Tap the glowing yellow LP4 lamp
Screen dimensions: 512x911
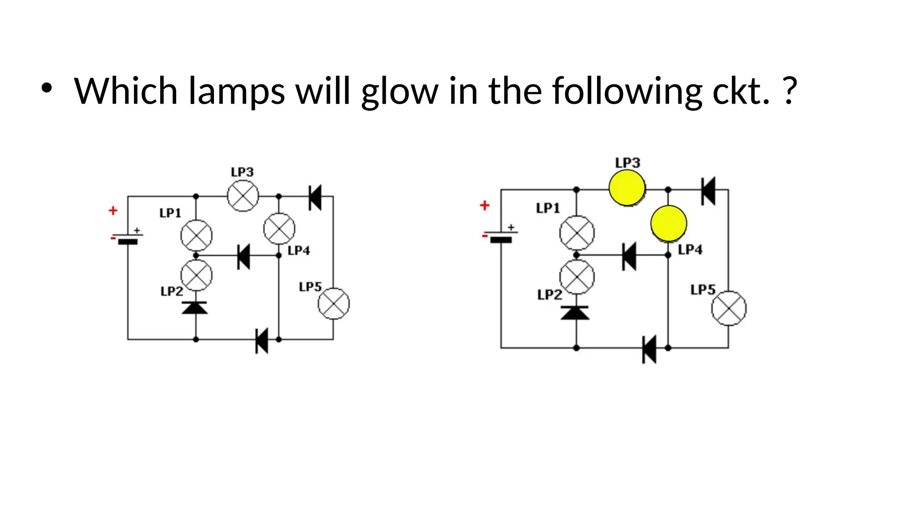coord(669,223)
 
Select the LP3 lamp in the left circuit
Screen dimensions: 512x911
coord(243,196)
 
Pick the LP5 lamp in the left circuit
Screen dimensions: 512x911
coord(334,304)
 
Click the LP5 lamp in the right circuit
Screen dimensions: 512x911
coord(729,308)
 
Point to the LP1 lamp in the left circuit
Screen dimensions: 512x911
coord(196,235)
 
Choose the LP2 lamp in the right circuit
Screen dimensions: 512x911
coord(576,277)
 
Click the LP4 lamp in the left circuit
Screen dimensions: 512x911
coord(279,229)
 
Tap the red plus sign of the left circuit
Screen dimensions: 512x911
coord(113,211)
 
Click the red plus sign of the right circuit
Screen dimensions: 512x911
coord(484,205)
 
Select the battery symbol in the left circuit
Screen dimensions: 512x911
coord(128,239)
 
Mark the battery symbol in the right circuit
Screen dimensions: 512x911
coord(501,236)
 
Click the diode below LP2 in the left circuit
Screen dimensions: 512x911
coord(195,308)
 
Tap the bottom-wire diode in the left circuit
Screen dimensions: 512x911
coord(262,340)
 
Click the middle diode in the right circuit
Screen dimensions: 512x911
coord(629,256)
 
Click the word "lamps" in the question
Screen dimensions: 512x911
coord(236,92)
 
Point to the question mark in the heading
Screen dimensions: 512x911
coord(790,91)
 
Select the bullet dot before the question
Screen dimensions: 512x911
coord(46,88)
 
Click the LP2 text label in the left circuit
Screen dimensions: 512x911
coord(172,292)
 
